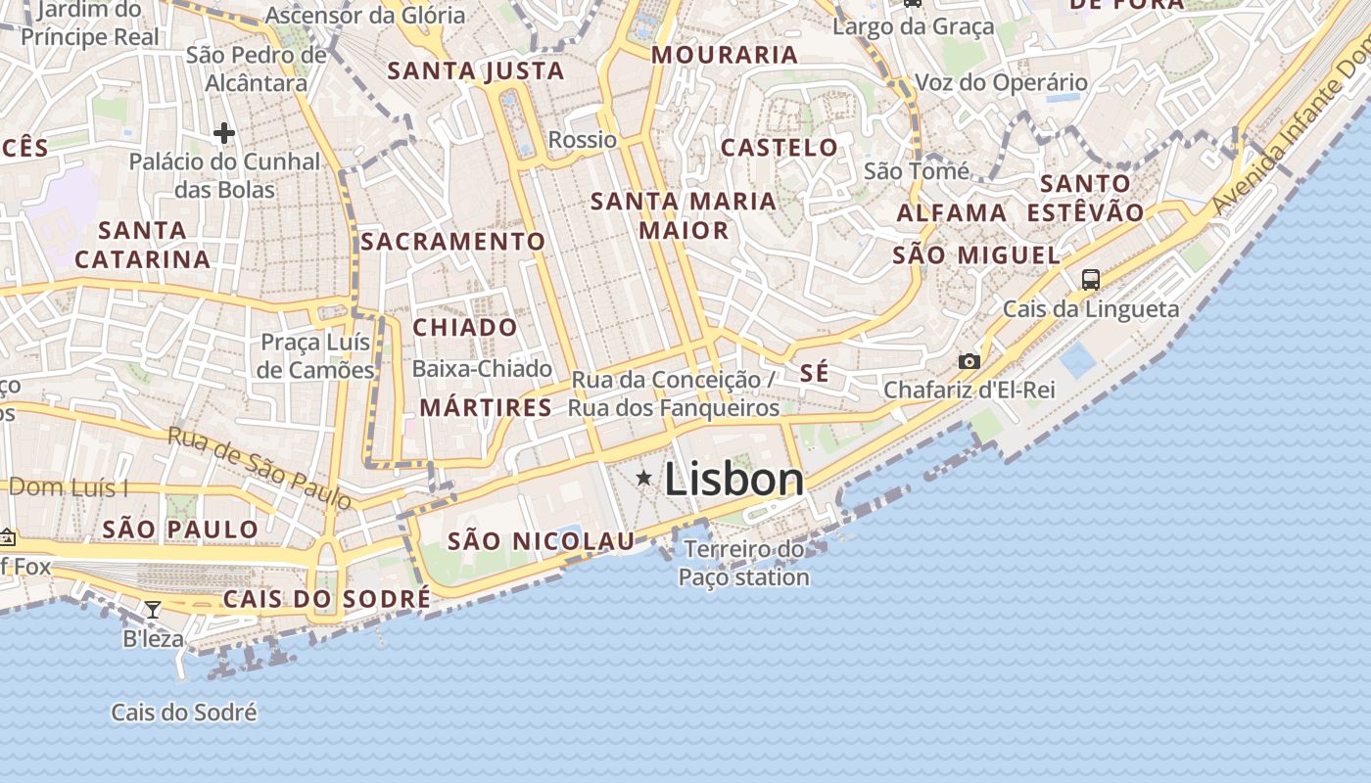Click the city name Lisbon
(x=734, y=480)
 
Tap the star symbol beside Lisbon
(x=643, y=478)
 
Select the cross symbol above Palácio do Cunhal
(x=224, y=133)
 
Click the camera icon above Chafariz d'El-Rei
(x=969, y=361)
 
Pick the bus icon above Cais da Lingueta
(x=1091, y=280)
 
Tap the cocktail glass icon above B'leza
(x=153, y=610)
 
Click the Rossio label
(x=583, y=140)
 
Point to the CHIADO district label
(x=465, y=328)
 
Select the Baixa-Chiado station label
(x=482, y=369)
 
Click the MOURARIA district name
(x=725, y=55)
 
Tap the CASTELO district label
(x=780, y=148)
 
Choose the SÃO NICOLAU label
(x=541, y=541)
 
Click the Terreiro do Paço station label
(x=744, y=563)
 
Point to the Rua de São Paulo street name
(x=260, y=468)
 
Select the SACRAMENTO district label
(x=453, y=241)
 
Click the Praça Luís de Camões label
(x=316, y=356)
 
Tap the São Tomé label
(x=917, y=172)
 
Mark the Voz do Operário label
(x=1001, y=83)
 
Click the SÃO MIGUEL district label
(x=976, y=256)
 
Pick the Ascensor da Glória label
(x=365, y=16)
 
